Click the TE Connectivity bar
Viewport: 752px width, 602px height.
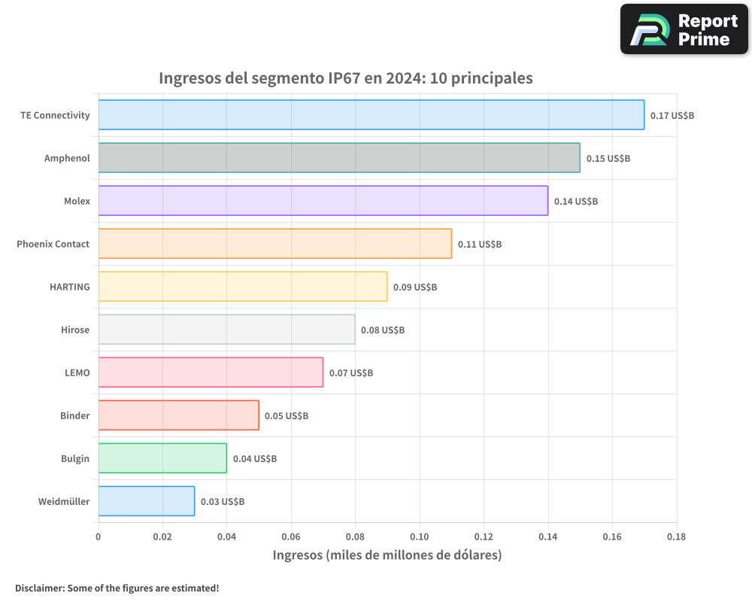[x=371, y=115]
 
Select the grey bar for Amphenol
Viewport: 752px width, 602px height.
[x=338, y=158]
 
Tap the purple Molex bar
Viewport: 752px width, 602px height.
[x=323, y=201]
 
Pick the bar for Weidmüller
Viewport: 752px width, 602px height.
[x=146, y=501]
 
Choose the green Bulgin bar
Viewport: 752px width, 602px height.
[x=162, y=458]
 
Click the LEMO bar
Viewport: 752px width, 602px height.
[x=211, y=372]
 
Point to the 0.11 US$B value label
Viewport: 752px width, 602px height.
[x=479, y=244]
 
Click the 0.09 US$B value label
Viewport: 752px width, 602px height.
[x=414, y=287]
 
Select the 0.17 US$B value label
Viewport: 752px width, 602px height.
[x=672, y=115]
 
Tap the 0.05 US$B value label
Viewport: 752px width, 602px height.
[x=286, y=415]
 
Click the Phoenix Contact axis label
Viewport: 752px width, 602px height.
[x=53, y=244]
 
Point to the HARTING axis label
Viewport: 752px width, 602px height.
[x=69, y=287]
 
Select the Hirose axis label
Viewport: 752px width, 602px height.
[x=75, y=330]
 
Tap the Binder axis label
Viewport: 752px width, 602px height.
[x=74, y=415]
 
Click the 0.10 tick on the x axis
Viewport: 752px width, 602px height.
[x=420, y=537]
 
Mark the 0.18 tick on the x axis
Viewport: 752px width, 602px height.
[x=676, y=537]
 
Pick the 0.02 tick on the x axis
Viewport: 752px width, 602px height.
[x=162, y=537]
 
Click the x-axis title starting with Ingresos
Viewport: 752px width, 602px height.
[x=387, y=555]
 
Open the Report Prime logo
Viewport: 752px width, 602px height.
[x=684, y=29]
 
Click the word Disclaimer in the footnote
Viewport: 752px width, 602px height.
[x=39, y=588]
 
